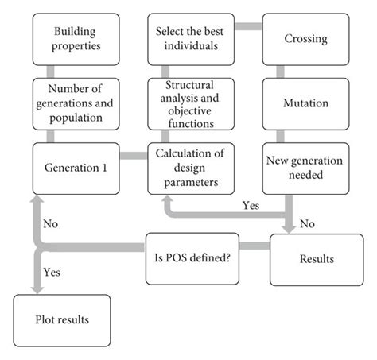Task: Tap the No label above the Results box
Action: click(308, 223)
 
